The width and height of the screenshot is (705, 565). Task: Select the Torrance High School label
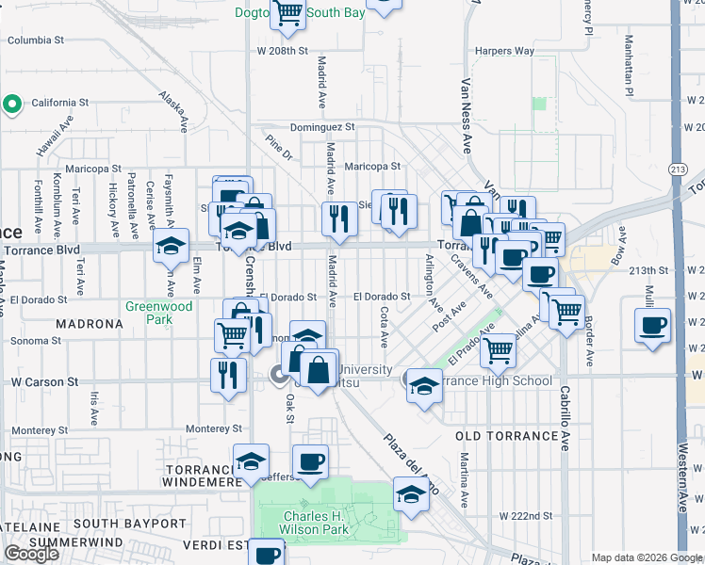498,380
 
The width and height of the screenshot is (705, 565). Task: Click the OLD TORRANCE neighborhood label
507,436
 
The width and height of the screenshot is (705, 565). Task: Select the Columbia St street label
35,40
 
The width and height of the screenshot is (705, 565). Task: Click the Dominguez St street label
322,126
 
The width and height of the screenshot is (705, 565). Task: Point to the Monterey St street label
214,428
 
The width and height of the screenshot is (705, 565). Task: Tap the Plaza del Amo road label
411,464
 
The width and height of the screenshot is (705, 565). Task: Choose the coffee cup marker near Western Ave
652,327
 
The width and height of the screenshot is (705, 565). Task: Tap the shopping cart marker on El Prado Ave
498,350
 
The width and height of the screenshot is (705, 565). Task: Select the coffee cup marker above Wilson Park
309,461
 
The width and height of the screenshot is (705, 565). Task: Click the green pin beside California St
12,104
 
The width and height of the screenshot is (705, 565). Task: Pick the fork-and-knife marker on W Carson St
228,375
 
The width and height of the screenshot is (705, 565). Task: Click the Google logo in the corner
32,554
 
